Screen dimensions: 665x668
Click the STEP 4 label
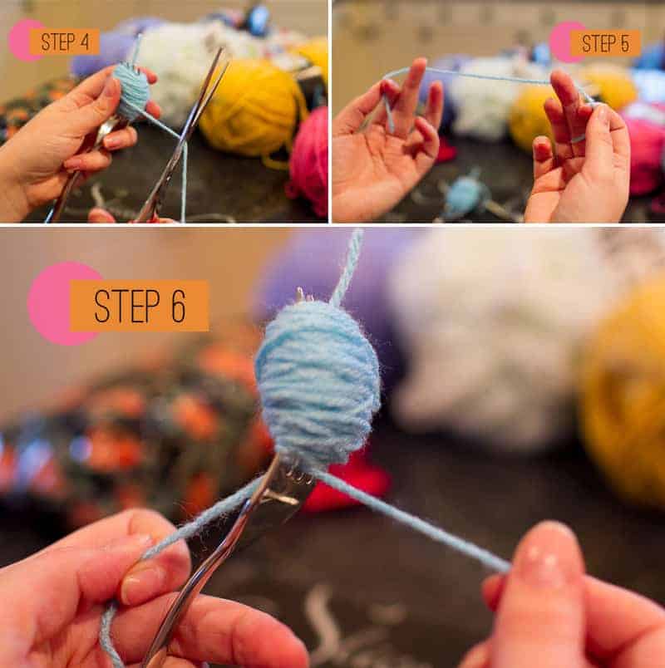(x=65, y=42)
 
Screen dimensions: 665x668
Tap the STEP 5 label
(x=605, y=43)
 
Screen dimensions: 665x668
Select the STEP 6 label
(x=140, y=306)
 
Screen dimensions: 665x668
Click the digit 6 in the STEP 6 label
(x=179, y=306)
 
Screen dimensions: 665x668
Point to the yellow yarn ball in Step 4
(x=253, y=106)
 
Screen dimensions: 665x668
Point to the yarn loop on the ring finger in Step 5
(x=579, y=138)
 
